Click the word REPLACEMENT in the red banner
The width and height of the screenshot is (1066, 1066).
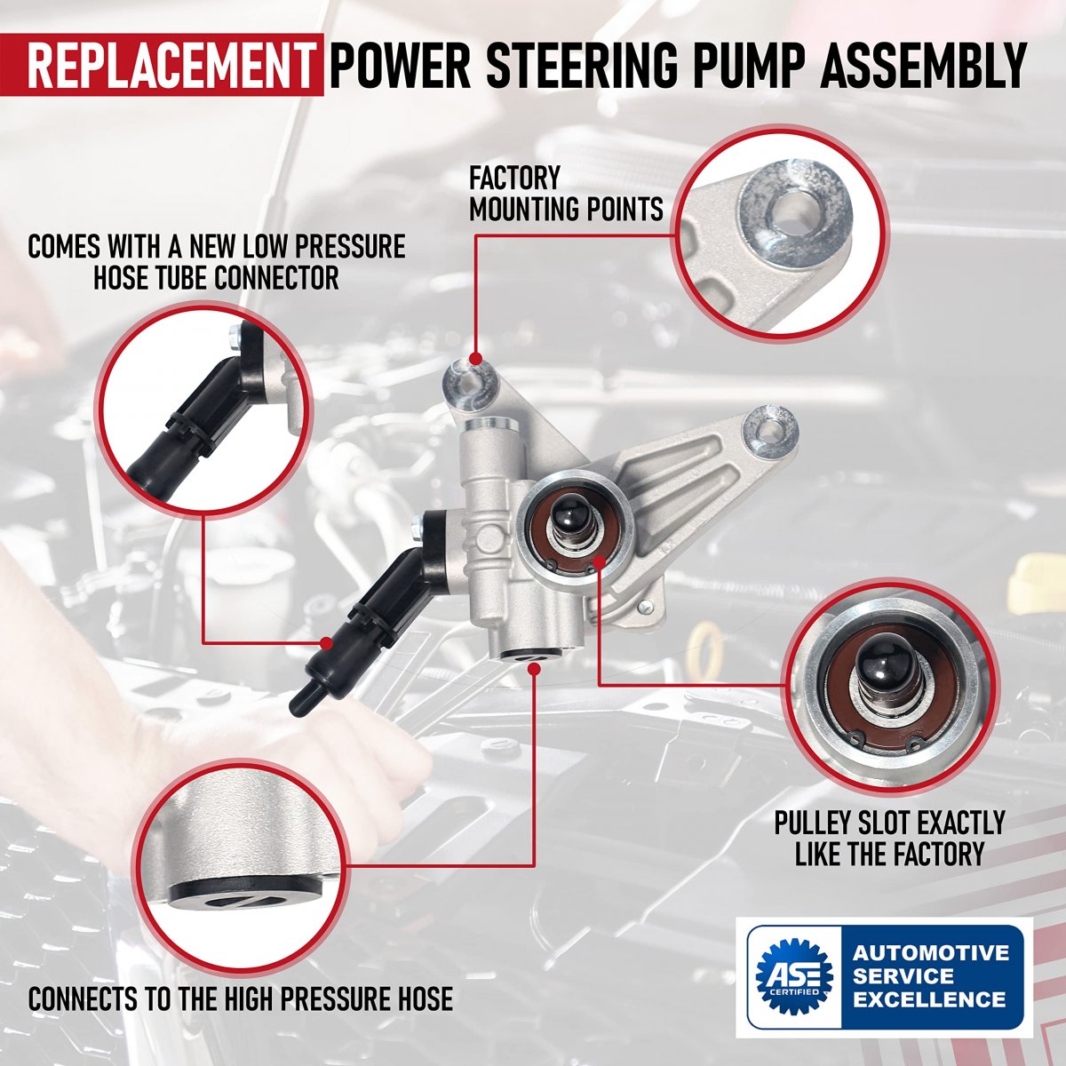point(169,64)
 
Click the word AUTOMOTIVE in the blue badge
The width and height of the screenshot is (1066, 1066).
point(929,952)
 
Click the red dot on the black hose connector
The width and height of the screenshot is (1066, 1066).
point(327,643)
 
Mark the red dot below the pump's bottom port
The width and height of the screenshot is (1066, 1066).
point(534,669)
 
